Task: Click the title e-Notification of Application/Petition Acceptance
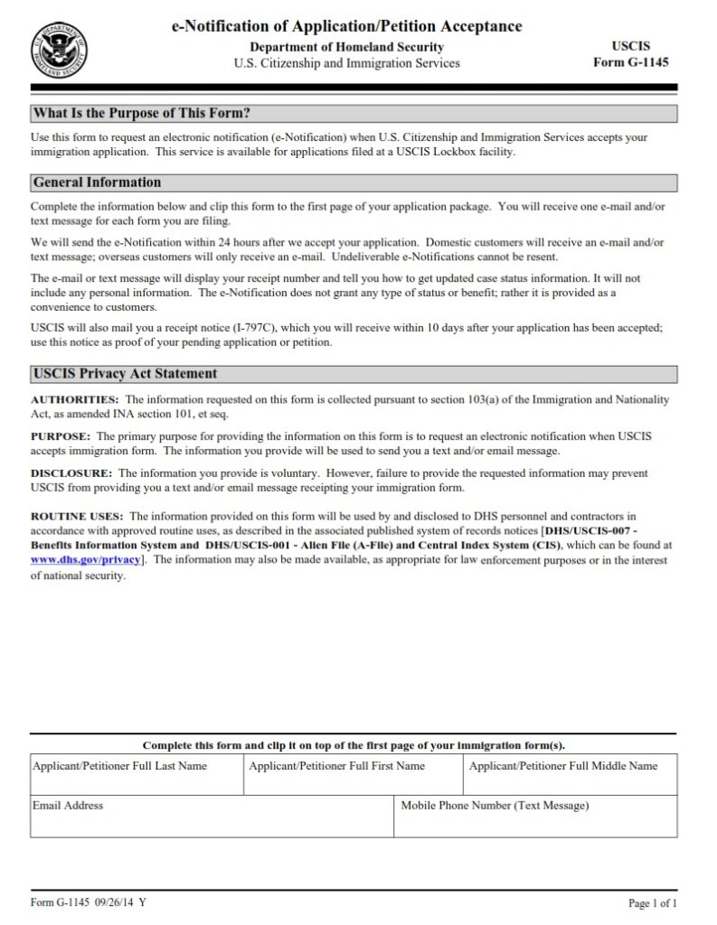tap(346, 26)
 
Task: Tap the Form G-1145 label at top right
tap(630, 62)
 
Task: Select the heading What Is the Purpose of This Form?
tap(141, 114)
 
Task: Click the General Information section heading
tap(97, 182)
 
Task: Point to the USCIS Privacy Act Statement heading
tap(125, 374)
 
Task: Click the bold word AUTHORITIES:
tap(75, 399)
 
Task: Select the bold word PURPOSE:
tap(60, 436)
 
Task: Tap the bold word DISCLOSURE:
tap(71, 473)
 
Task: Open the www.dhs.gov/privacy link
tap(86, 560)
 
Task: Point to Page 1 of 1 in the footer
tap(652, 903)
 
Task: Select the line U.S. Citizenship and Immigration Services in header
tap(346, 63)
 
